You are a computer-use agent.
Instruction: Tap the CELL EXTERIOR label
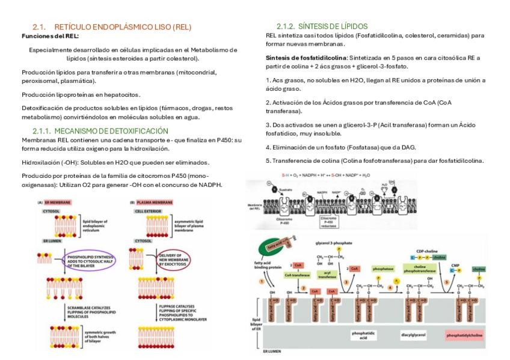pos(147,212)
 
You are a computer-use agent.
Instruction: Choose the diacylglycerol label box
pos(413,334)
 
